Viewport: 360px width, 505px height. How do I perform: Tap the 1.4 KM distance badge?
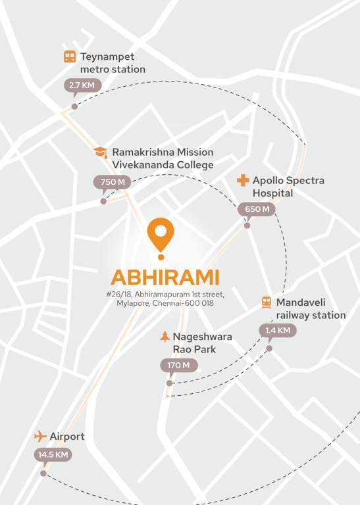pyautogui.click(x=277, y=330)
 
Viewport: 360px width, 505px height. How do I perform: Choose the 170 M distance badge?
pyautogui.click(x=178, y=366)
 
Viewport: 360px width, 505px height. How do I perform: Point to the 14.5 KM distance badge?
pyautogui.click(x=53, y=454)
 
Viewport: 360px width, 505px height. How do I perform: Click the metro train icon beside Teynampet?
pyautogui.click(x=70, y=57)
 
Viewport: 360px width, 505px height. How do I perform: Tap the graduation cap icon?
pyautogui.click(x=101, y=152)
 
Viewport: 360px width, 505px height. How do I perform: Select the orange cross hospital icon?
pyautogui.click(x=243, y=180)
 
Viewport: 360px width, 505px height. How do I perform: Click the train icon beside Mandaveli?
pyautogui.click(x=267, y=302)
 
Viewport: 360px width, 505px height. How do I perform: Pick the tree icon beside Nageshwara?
pyautogui.click(x=165, y=337)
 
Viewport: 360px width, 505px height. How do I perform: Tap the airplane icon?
pyautogui.click(x=40, y=437)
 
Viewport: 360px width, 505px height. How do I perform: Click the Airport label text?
pyautogui.click(x=67, y=437)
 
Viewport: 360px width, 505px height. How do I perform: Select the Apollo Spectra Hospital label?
pyautogui.click(x=288, y=187)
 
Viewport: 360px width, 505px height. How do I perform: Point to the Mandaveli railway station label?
pyautogui.click(x=311, y=309)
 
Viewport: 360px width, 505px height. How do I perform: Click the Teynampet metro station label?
pyautogui.click(x=113, y=63)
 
